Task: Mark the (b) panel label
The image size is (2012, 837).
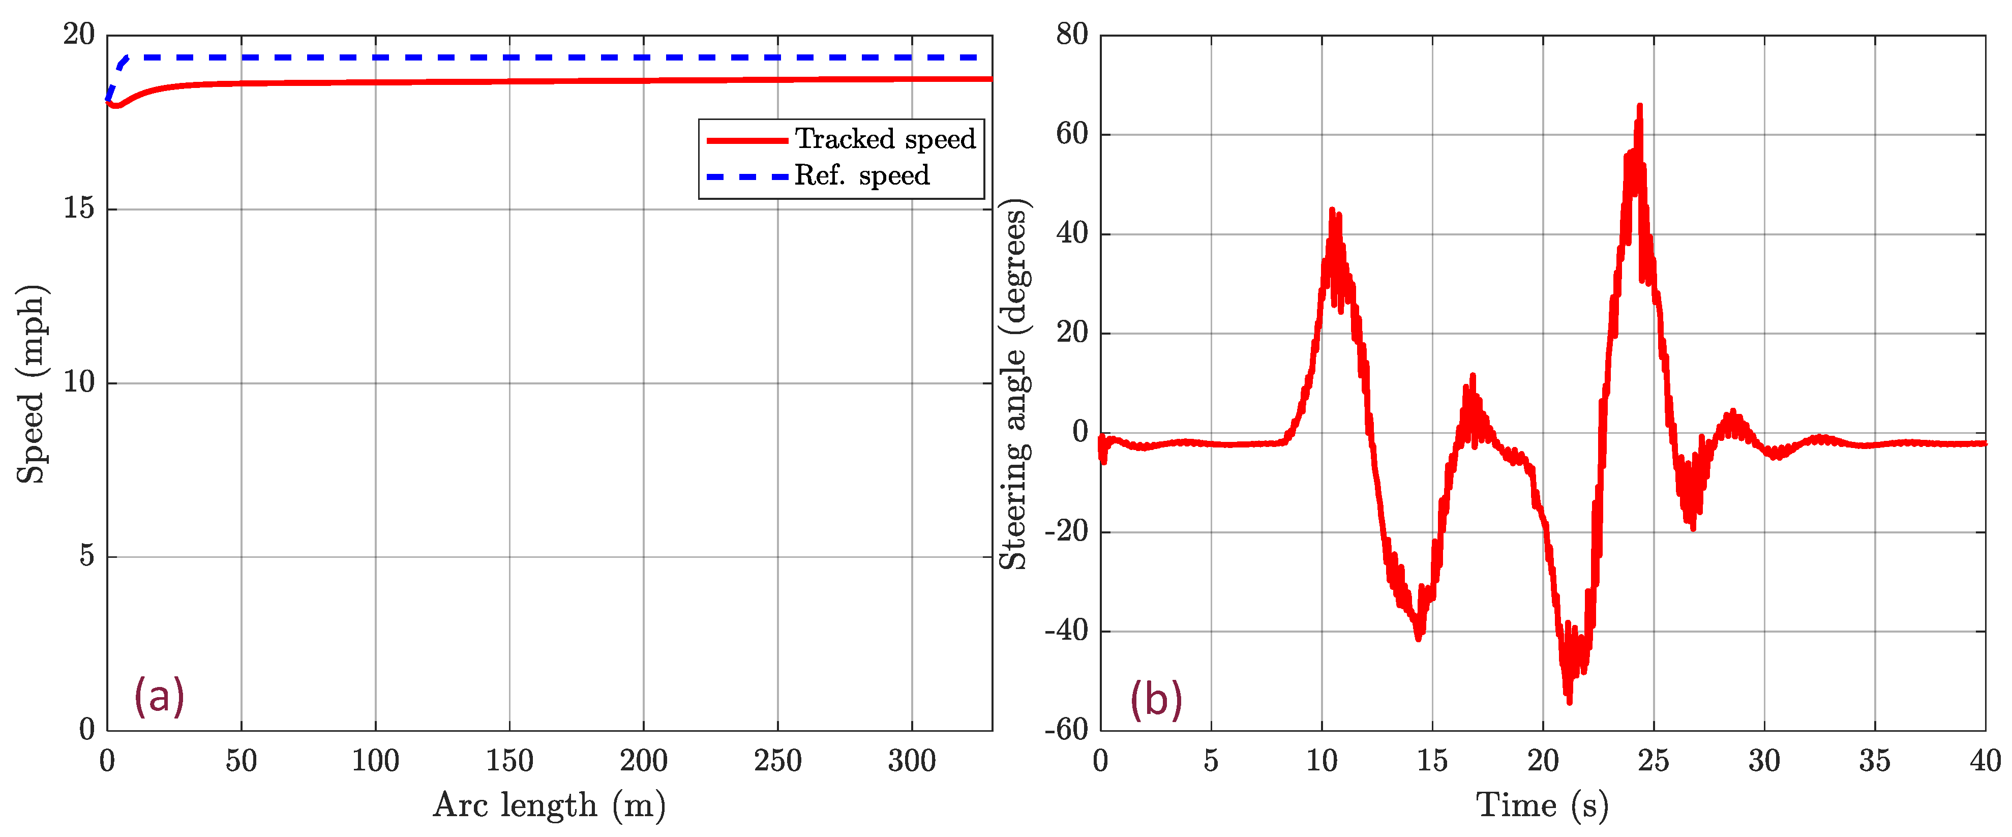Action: tap(1156, 699)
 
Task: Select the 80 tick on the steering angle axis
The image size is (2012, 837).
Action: tap(1072, 35)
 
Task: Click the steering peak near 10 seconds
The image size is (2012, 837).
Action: tap(1333, 210)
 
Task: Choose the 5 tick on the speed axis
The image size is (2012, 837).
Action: tap(87, 557)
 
